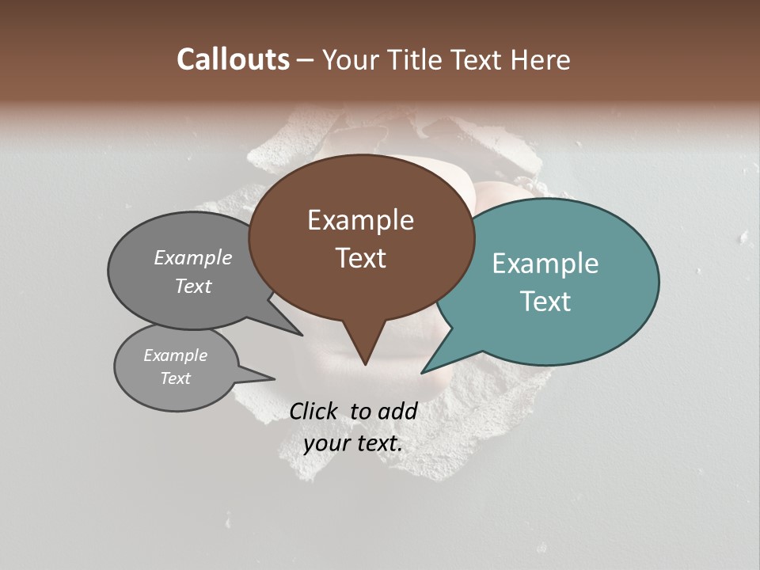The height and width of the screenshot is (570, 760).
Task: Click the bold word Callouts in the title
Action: [x=233, y=59]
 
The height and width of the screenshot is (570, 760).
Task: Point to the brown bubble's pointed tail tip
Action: [x=365, y=364]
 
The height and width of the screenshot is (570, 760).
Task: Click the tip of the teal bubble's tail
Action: [x=422, y=373]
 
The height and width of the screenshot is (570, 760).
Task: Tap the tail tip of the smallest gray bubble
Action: [x=274, y=378]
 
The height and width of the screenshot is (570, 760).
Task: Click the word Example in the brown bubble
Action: [x=360, y=220]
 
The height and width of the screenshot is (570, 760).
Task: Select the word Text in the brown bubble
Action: [x=361, y=258]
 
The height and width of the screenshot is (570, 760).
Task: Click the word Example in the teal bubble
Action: [x=545, y=264]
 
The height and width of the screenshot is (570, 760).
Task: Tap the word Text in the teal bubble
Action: [x=546, y=302]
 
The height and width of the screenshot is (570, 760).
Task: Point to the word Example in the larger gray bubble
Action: [x=193, y=258]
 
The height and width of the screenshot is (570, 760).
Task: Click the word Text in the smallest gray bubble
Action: [x=175, y=378]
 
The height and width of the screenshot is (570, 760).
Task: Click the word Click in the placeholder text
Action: [x=314, y=411]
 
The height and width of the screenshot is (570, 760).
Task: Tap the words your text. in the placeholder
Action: [x=353, y=443]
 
